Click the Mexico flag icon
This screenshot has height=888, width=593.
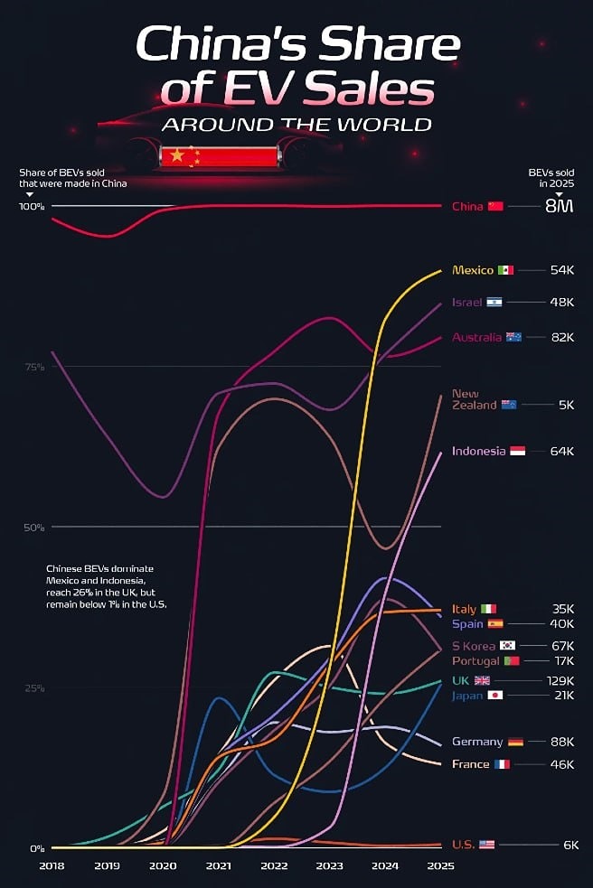[506, 270]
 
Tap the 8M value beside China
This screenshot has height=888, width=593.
[558, 206]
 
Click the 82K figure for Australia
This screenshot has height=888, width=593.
[562, 337]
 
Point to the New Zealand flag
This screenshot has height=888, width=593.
[509, 405]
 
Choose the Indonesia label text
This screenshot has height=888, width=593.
[478, 451]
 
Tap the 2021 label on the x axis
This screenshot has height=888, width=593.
[218, 865]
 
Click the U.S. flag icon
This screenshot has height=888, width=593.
[487, 845]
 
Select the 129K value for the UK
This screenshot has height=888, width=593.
[560, 680]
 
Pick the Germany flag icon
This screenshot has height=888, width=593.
[515, 742]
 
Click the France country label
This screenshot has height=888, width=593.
[471, 764]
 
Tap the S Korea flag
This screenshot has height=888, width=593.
[508, 645]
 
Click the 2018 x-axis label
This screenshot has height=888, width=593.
[52, 865]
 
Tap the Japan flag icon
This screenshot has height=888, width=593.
[495, 695]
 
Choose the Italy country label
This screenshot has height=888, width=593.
[464, 609]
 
